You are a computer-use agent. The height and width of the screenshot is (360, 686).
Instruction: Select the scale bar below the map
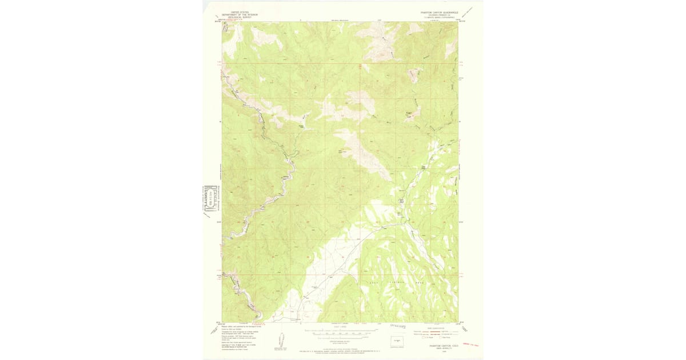[x=339, y=331]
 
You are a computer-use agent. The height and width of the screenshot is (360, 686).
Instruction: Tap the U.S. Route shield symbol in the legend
[x=424, y=338]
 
